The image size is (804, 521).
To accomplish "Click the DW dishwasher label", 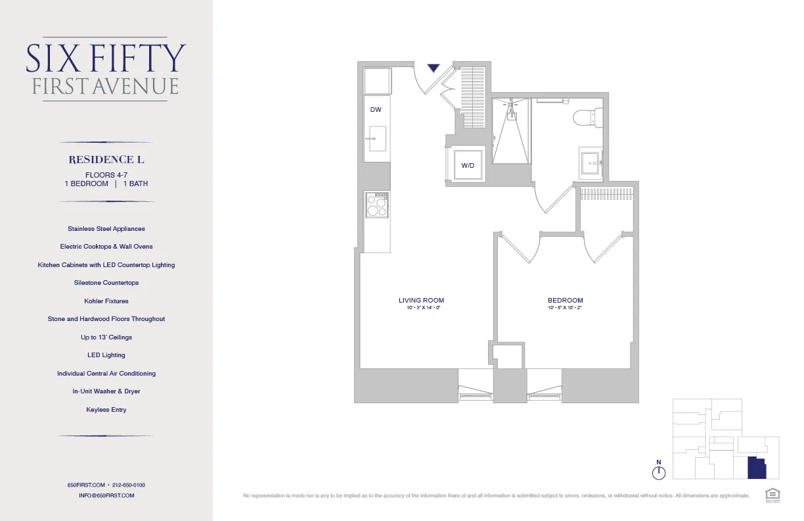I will tap(376, 110).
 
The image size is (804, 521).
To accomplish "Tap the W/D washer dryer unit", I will tap(468, 165).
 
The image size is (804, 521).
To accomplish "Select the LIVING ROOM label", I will tap(421, 301).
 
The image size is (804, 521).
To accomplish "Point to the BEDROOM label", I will tap(566, 301).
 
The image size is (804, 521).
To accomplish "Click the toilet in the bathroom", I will tap(586, 118).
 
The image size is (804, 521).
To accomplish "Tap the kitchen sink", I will tap(377, 139).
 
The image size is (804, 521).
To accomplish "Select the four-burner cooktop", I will tap(377, 206).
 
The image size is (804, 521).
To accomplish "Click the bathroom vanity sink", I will tap(591, 162).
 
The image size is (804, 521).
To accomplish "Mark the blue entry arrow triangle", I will tap(433, 67).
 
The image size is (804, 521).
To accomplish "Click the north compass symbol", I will tap(659, 472).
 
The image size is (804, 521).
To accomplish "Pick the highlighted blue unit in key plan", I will tap(757, 468).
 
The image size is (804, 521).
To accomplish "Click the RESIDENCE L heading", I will tap(106, 160).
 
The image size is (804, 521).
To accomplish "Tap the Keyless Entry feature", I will tap(106, 410).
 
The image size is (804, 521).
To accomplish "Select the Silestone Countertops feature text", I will tap(106, 283).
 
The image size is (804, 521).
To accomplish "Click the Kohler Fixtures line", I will tap(106, 301).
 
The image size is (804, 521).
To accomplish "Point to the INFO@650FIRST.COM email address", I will tap(106, 495).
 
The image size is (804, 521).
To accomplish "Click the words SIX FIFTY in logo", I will tap(106, 59).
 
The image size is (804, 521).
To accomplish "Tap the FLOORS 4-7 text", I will tap(106, 175).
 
